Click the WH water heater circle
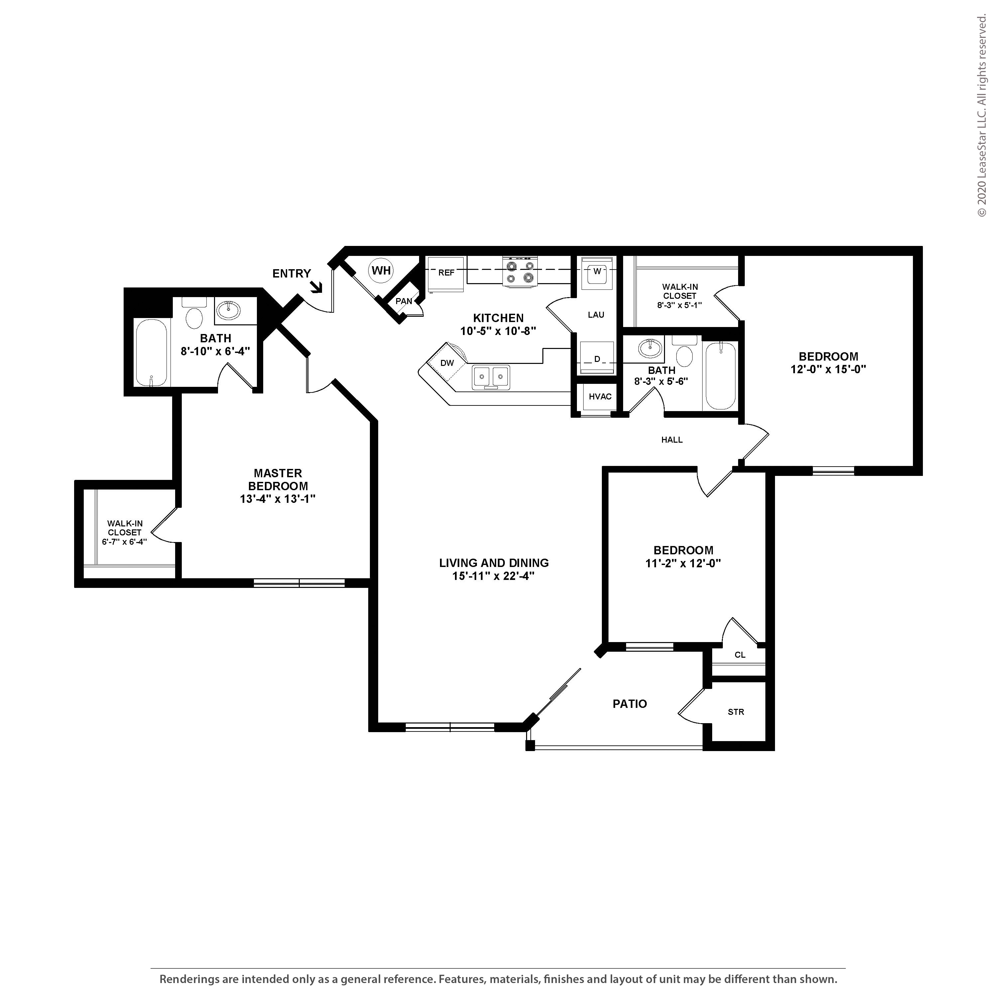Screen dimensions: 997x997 point(382,271)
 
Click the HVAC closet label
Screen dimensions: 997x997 point(600,396)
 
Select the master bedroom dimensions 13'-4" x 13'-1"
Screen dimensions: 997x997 point(277,499)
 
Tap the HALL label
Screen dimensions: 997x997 point(672,440)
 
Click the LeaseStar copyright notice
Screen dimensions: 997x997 point(982,116)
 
